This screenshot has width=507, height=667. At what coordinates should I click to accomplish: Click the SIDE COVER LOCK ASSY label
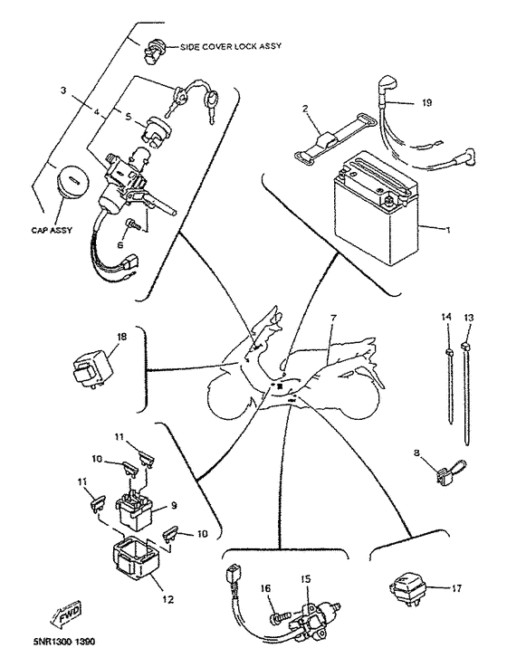(230, 46)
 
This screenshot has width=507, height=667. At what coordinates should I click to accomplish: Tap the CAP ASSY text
(52, 230)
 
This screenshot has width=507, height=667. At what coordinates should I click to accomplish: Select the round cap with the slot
(72, 182)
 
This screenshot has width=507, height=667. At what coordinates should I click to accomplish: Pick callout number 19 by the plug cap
(427, 102)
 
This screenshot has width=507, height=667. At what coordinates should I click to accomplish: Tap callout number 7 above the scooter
(333, 318)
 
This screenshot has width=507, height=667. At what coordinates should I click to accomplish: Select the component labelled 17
(408, 590)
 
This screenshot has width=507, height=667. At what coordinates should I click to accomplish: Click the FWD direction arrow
(65, 616)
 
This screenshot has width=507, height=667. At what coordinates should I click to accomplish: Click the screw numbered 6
(133, 224)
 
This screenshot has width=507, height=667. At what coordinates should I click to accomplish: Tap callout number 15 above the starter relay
(306, 579)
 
